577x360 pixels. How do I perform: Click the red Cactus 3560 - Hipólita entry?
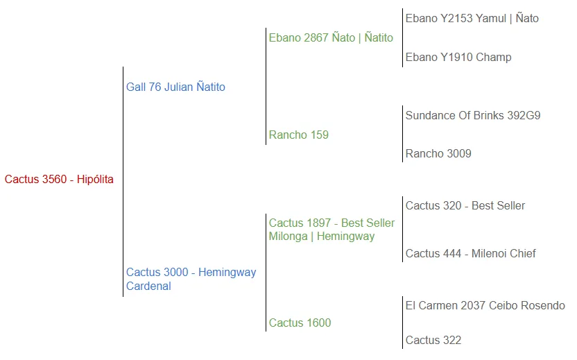[x=59, y=180]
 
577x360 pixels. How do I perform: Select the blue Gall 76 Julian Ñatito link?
[x=175, y=87]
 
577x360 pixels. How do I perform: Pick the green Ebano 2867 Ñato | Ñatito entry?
[x=331, y=38]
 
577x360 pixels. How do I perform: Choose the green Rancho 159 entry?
[x=298, y=135]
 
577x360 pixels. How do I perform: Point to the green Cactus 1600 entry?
[x=300, y=323]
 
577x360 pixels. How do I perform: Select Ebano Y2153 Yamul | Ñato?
[x=472, y=19]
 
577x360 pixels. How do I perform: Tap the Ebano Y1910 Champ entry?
[x=458, y=58]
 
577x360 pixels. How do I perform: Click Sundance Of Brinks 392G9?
[x=472, y=116]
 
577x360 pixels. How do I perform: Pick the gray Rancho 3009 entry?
[x=438, y=154]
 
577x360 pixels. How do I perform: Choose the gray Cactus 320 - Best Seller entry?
[x=465, y=206]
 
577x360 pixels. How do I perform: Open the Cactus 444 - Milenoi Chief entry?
[x=470, y=254]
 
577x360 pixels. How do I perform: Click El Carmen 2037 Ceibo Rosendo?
[x=485, y=306]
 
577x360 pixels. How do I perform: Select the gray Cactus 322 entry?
[x=433, y=341]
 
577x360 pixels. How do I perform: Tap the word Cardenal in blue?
[x=148, y=286]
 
